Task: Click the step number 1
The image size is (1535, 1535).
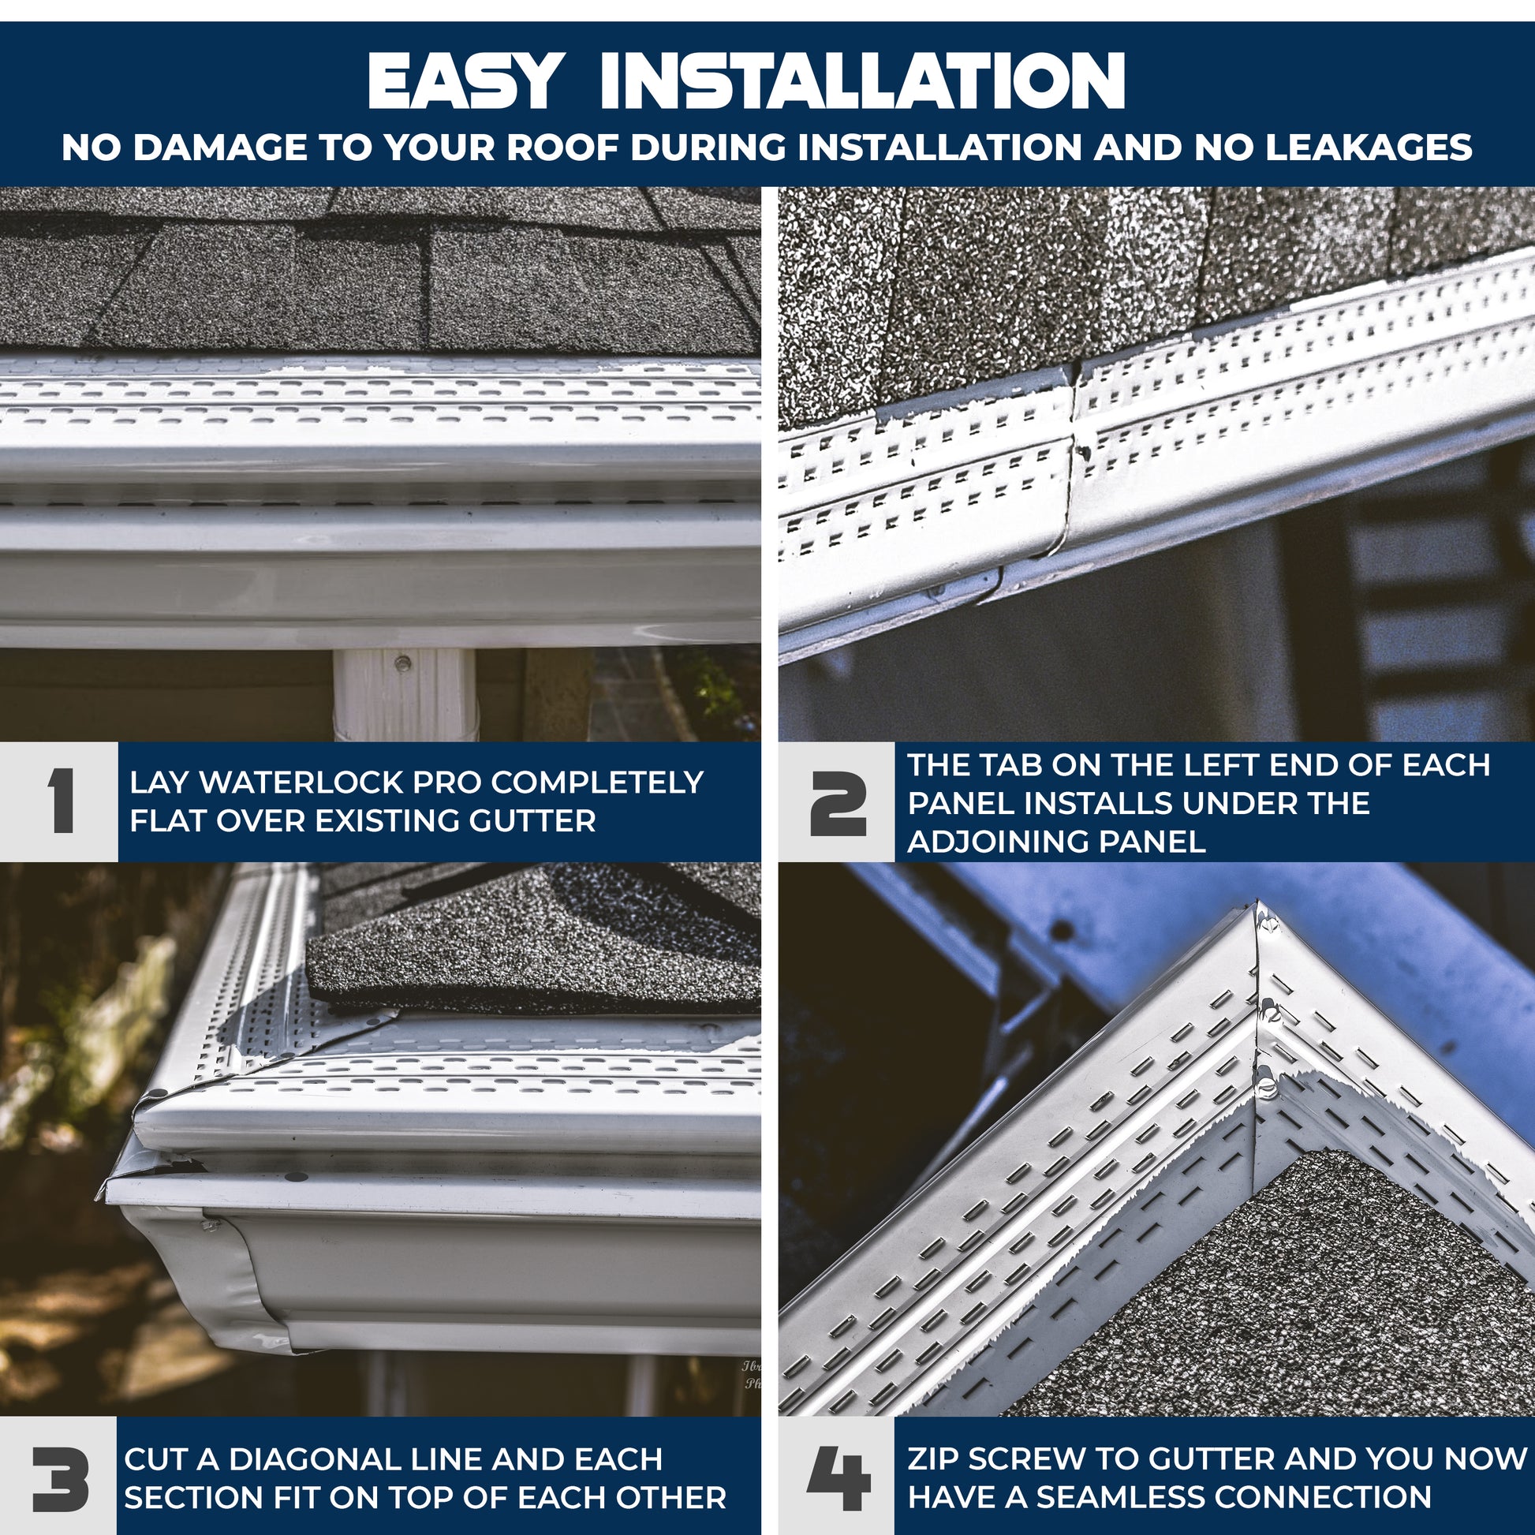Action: coord(62,801)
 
